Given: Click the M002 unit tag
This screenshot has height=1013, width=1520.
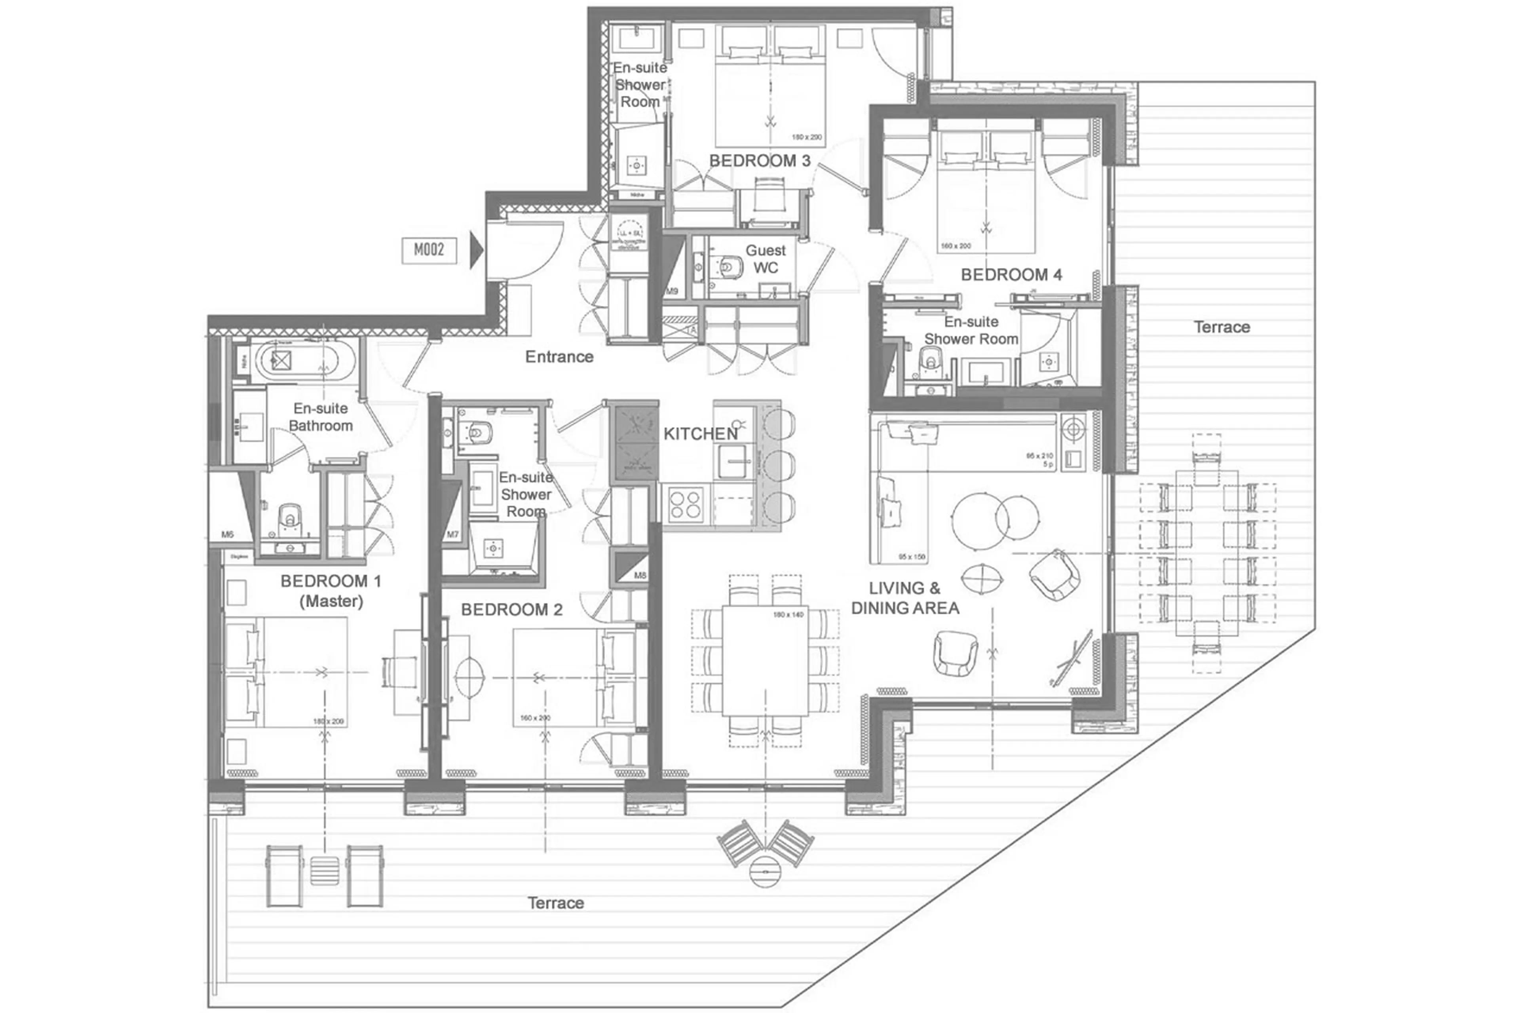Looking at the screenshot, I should [429, 250].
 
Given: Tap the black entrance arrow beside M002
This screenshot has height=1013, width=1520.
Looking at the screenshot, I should [476, 250].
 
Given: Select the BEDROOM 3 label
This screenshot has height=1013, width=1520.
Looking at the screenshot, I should [760, 161].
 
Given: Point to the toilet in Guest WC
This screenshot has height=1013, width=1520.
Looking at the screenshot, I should [729, 266].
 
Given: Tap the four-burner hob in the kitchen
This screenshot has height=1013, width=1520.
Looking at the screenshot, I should [686, 505].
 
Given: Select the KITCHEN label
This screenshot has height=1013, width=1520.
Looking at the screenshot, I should [700, 434].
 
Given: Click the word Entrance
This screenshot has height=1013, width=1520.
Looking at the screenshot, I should [559, 357].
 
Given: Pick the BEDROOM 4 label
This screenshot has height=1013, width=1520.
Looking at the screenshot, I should [1011, 275].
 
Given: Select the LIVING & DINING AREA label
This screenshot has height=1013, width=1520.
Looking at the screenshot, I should [904, 598].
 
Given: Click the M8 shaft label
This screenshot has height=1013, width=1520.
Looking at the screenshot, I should [640, 575].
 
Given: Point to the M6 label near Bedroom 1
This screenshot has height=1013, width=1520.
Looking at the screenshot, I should [227, 534].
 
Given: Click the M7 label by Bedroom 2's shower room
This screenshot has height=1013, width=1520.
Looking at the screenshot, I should [452, 534].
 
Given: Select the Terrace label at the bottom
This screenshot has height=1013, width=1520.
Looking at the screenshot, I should [555, 903].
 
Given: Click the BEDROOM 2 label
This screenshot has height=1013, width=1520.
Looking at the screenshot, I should [512, 609].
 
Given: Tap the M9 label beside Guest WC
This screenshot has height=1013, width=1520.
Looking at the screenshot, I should [672, 291].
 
